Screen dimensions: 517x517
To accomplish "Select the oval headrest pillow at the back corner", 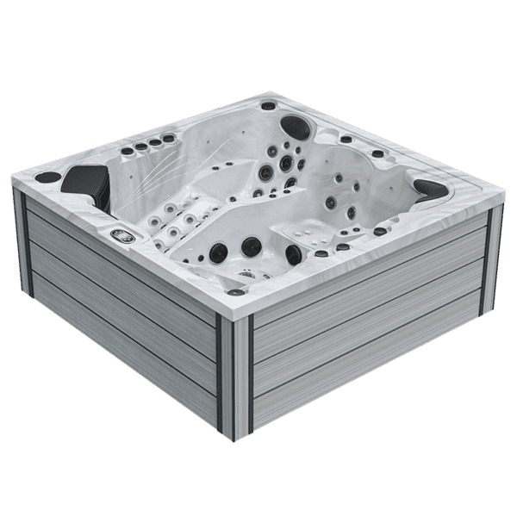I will tap(296, 126).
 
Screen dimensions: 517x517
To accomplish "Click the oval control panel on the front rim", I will tap(121, 234).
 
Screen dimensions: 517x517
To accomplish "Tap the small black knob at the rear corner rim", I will tap(267, 106).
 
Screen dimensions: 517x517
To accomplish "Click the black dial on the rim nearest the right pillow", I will tap(380, 231).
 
